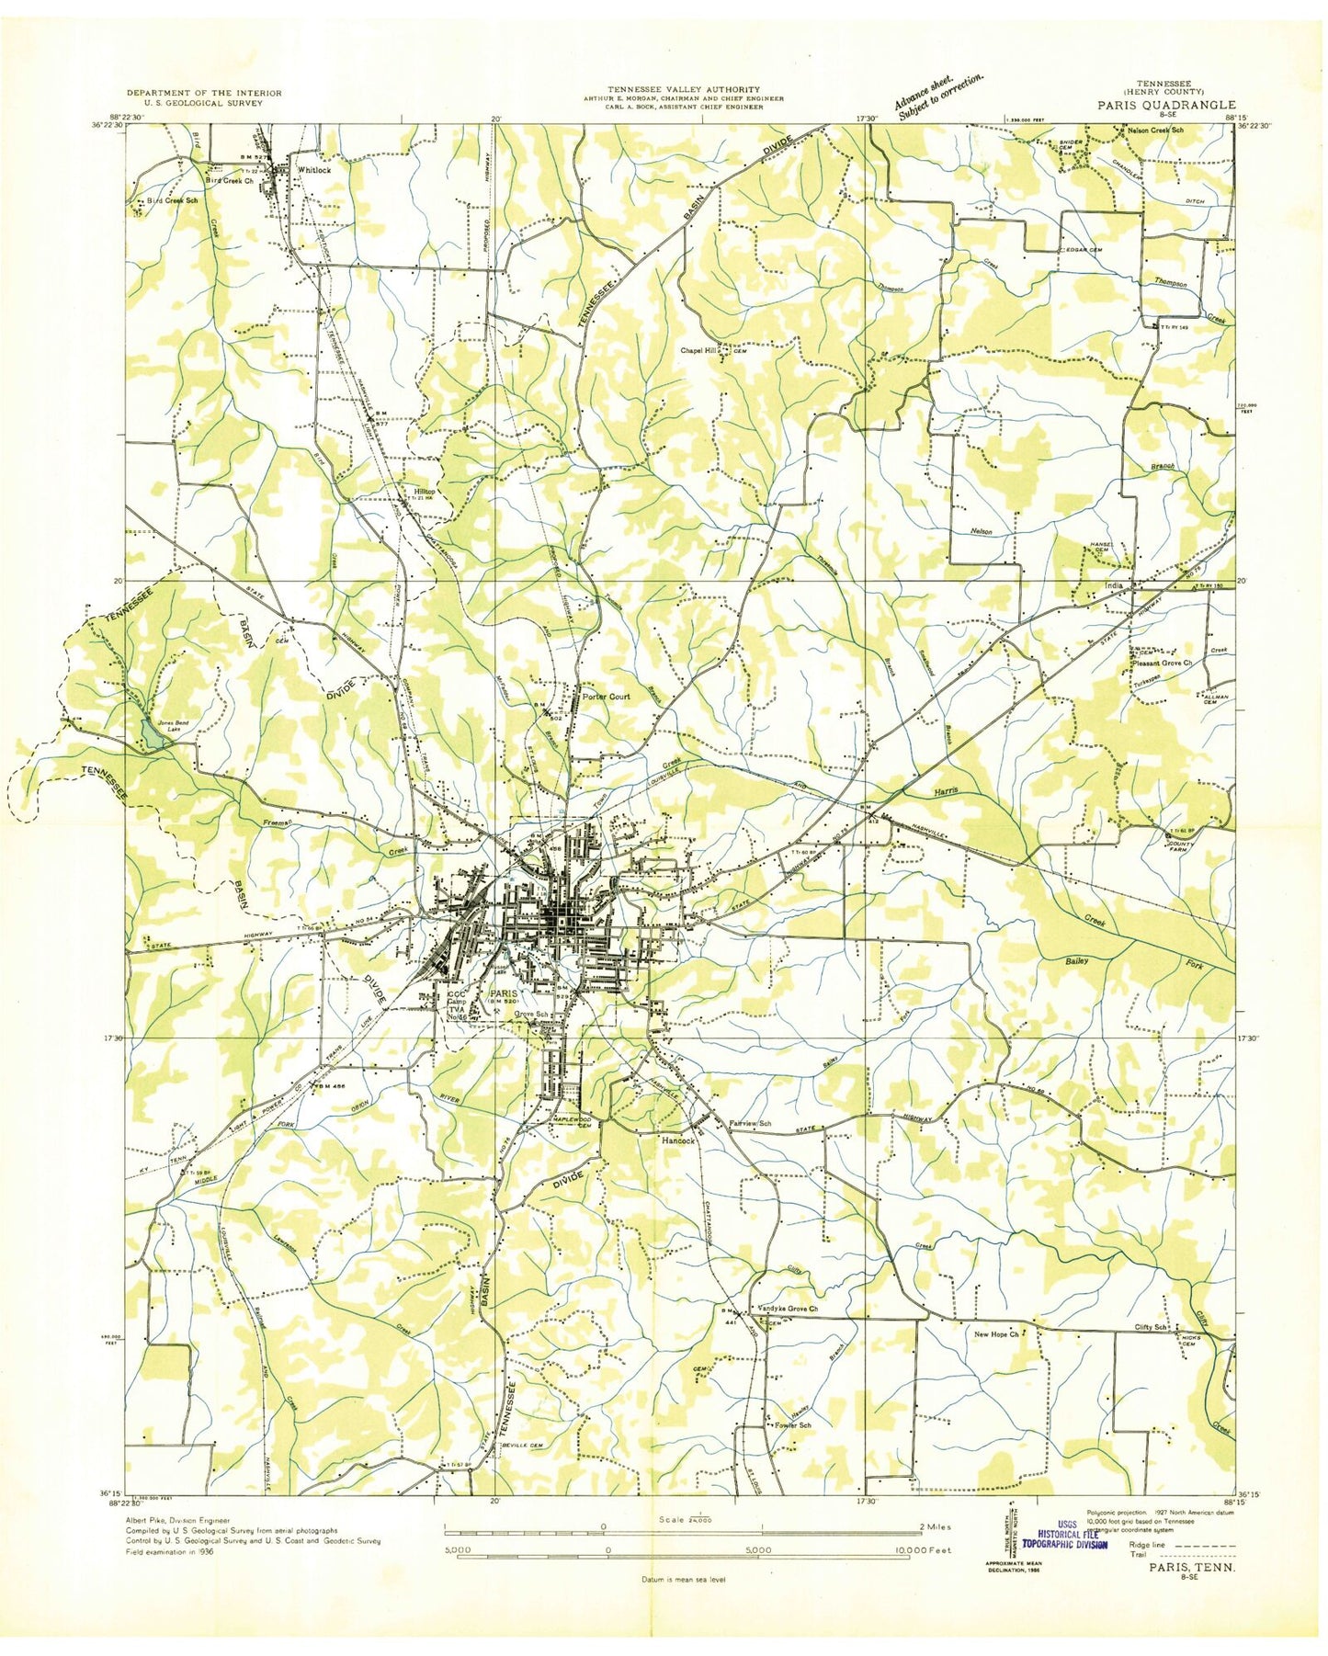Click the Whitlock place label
click(x=307, y=170)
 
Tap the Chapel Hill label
click(x=698, y=350)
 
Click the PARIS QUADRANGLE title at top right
click(x=1165, y=105)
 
